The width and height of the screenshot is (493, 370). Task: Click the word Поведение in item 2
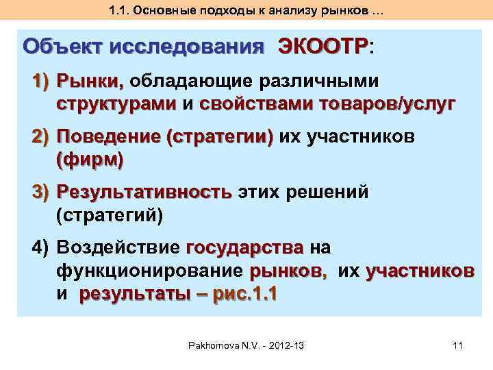click(108, 137)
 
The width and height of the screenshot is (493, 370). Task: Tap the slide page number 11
click(458, 346)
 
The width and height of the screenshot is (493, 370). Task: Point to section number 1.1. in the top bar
click(121, 10)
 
